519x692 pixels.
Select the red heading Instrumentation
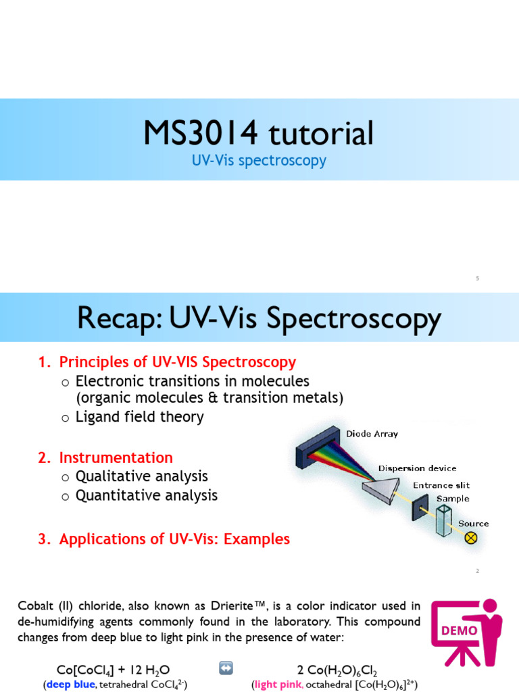116,458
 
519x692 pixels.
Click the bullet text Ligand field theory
139,417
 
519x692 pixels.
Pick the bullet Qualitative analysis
141,476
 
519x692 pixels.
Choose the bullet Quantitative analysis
146,495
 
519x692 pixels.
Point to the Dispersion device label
417,468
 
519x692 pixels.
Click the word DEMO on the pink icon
459,631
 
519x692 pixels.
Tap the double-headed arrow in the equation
226,668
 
